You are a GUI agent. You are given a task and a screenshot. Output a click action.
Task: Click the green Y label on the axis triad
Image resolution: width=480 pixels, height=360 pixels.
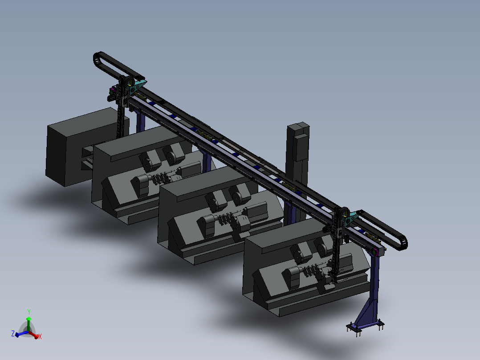click(28, 311)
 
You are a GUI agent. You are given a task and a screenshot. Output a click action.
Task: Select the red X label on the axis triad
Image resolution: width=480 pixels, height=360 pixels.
click(40, 337)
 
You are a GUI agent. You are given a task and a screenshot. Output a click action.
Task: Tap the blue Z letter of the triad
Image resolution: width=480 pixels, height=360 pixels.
click(13, 333)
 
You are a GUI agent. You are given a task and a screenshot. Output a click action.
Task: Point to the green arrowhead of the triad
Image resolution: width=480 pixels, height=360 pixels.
click(28, 319)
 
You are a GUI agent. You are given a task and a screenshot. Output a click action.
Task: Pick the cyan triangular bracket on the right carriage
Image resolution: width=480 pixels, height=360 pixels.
click(352, 217)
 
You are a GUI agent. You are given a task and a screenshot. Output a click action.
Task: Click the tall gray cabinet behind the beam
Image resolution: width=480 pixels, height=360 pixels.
click(297, 147)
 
